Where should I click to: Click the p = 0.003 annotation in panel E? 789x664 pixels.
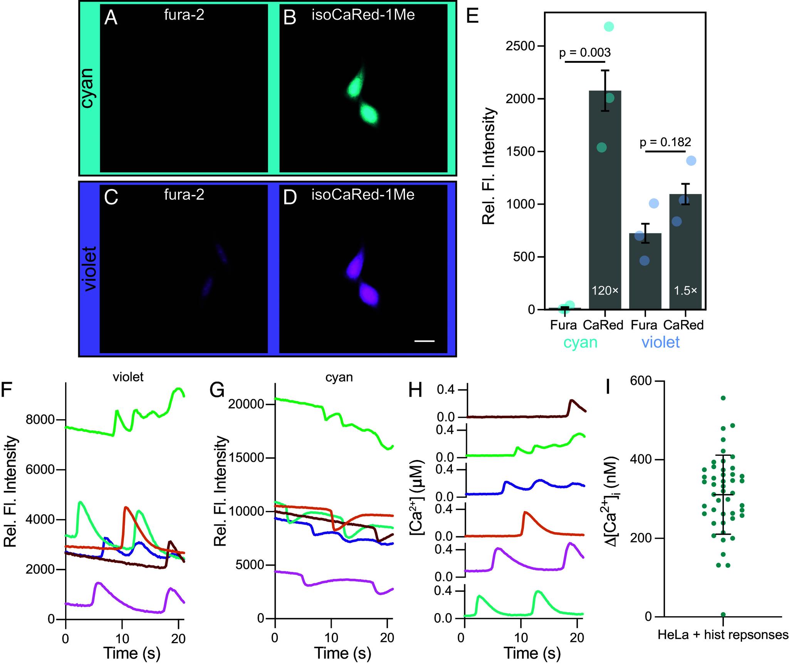coord(585,52)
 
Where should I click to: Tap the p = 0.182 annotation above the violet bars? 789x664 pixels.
coord(665,142)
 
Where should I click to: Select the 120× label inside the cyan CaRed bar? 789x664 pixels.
coord(605,290)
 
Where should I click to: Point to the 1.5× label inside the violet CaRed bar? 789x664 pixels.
coord(685,290)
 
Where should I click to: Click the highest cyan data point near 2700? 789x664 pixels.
coord(609,27)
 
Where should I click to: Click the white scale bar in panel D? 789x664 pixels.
coord(424,341)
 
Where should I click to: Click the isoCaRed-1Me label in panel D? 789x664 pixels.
coord(363,195)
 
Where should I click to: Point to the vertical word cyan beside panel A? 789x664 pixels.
coord(88,88)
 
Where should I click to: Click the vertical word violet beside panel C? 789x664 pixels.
coord(89,269)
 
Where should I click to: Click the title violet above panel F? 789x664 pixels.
coord(128,377)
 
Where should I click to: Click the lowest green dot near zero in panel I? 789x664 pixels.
coord(723,615)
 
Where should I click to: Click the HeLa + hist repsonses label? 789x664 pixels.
coord(723,635)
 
